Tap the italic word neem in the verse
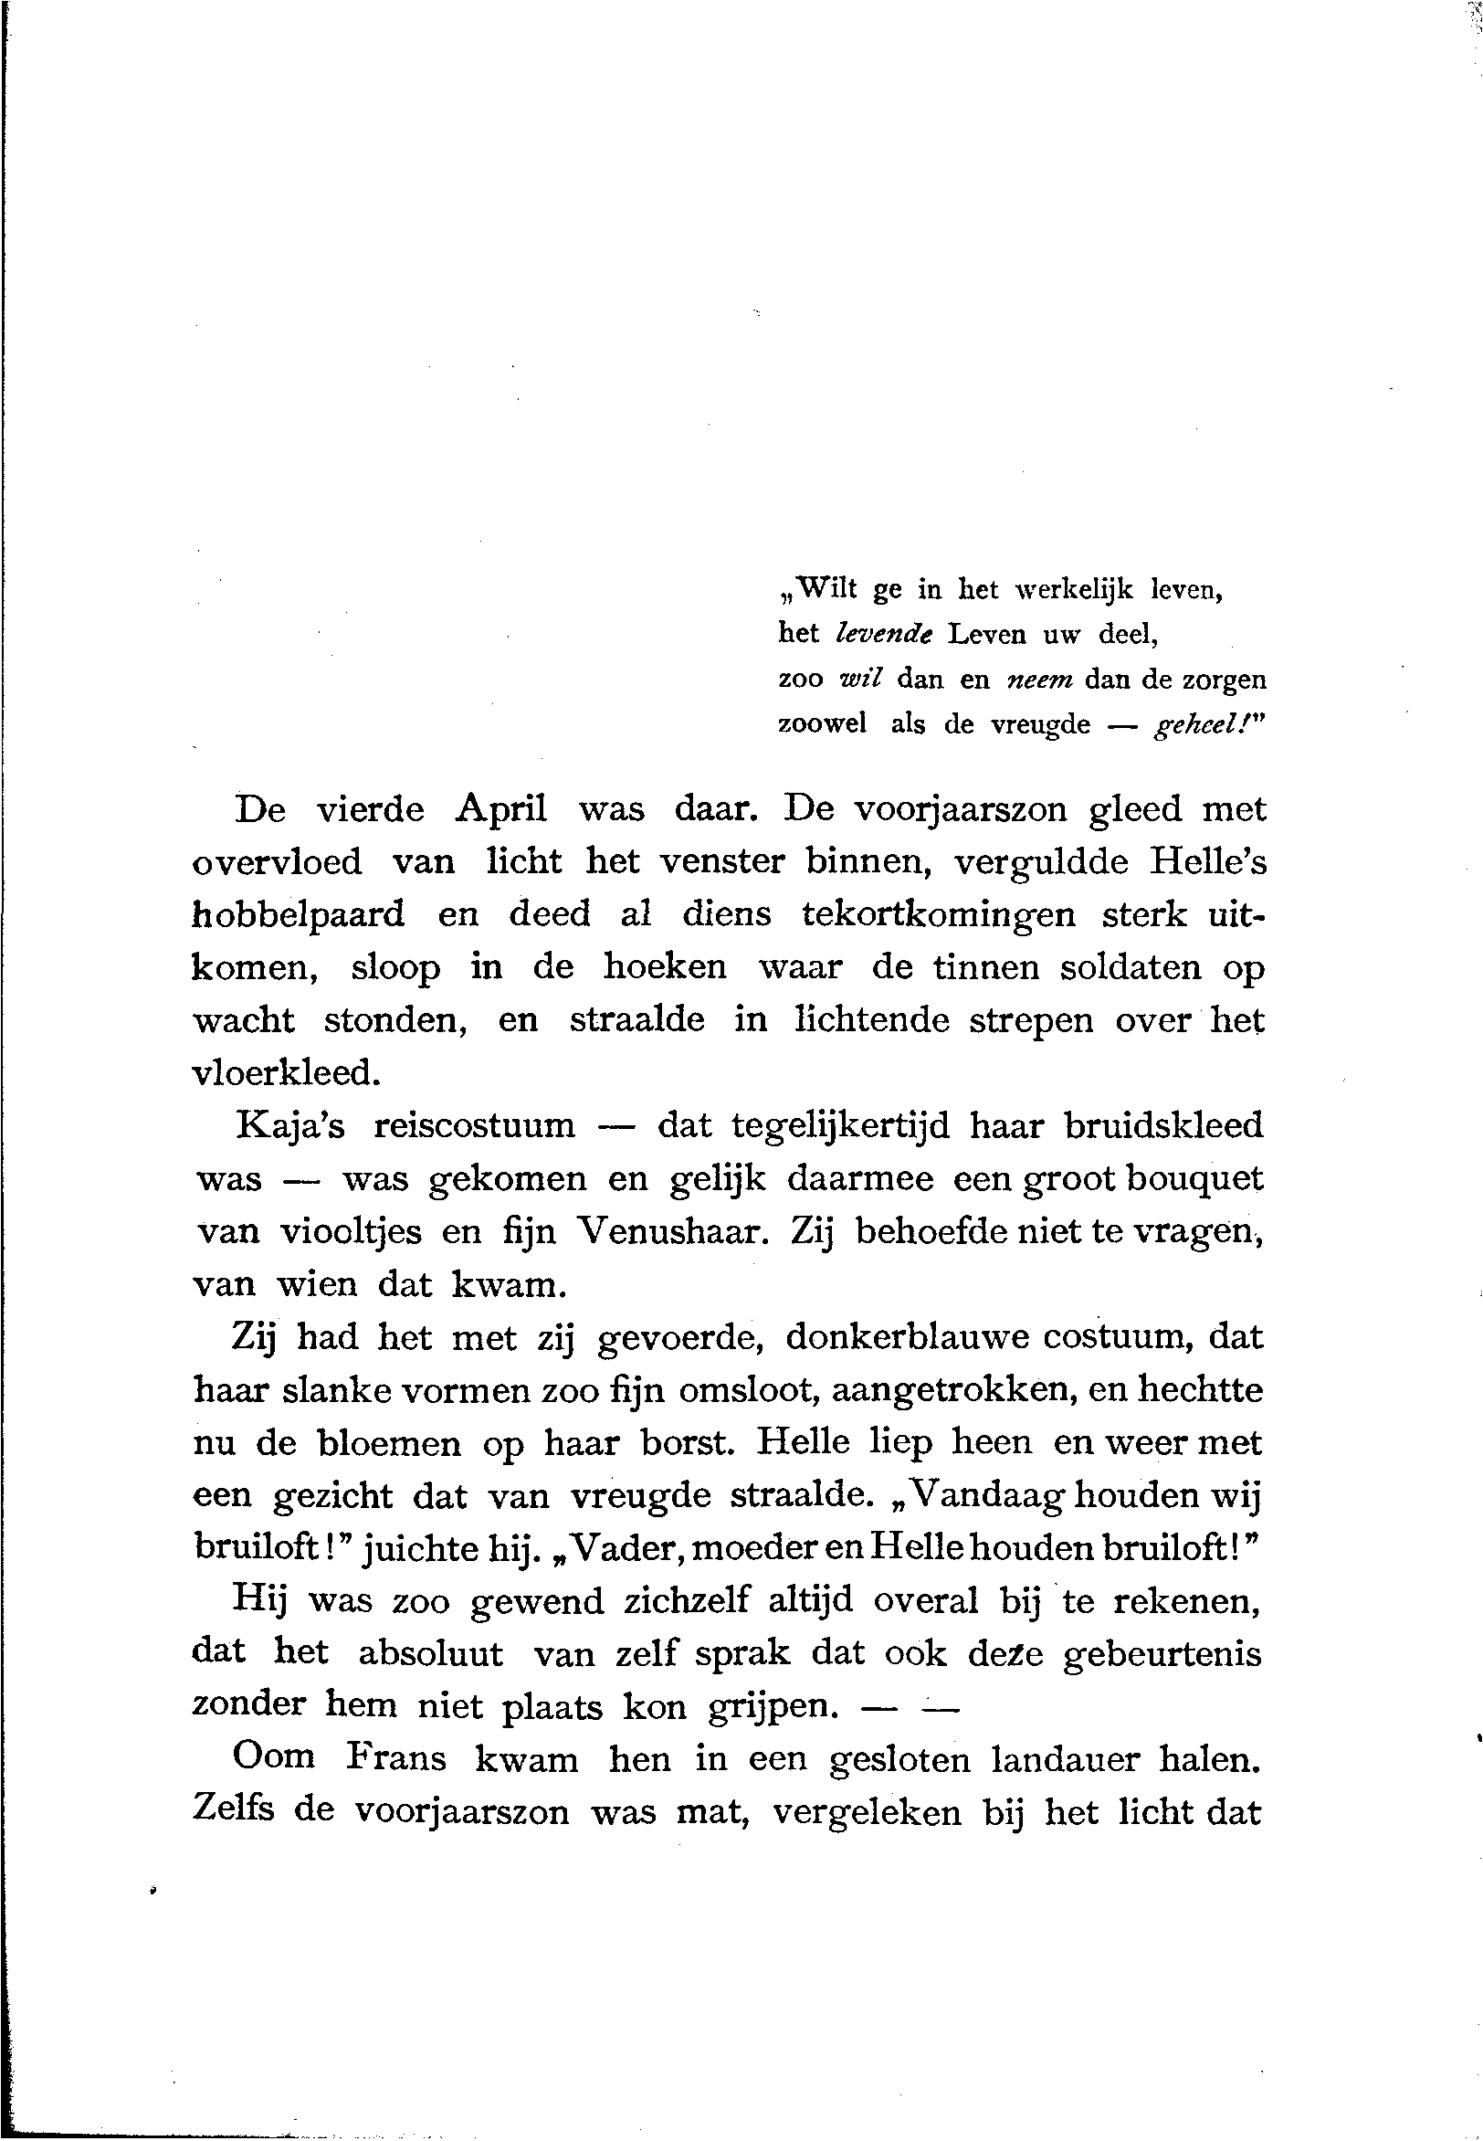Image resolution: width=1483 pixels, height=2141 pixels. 1040,680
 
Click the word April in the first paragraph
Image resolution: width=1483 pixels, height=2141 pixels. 500,809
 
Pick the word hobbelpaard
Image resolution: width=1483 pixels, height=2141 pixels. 299,915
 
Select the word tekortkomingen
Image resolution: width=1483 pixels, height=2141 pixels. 939,914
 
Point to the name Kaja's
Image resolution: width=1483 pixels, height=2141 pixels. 289,1127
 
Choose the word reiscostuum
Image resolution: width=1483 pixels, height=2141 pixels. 474,1127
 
